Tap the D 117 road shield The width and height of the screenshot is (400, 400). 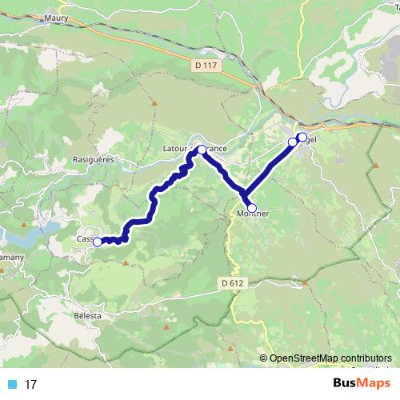click(x=206, y=66)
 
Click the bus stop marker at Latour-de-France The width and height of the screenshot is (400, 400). click(x=202, y=149)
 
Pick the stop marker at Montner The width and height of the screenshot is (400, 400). click(x=252, y=208)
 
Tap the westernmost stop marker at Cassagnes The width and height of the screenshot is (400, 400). click(x=98, y=242)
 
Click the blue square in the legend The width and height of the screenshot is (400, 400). click(x=11, y=385)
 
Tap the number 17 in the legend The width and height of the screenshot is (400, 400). click(x=31, y=385)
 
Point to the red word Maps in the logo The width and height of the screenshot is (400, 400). click(x=371, y=384)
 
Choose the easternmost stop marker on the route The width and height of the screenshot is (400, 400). click(x=302, y=137)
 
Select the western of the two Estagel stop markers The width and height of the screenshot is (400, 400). click(x=293, y=142)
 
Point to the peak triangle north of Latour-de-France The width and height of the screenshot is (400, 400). click(x=152, y=102)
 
